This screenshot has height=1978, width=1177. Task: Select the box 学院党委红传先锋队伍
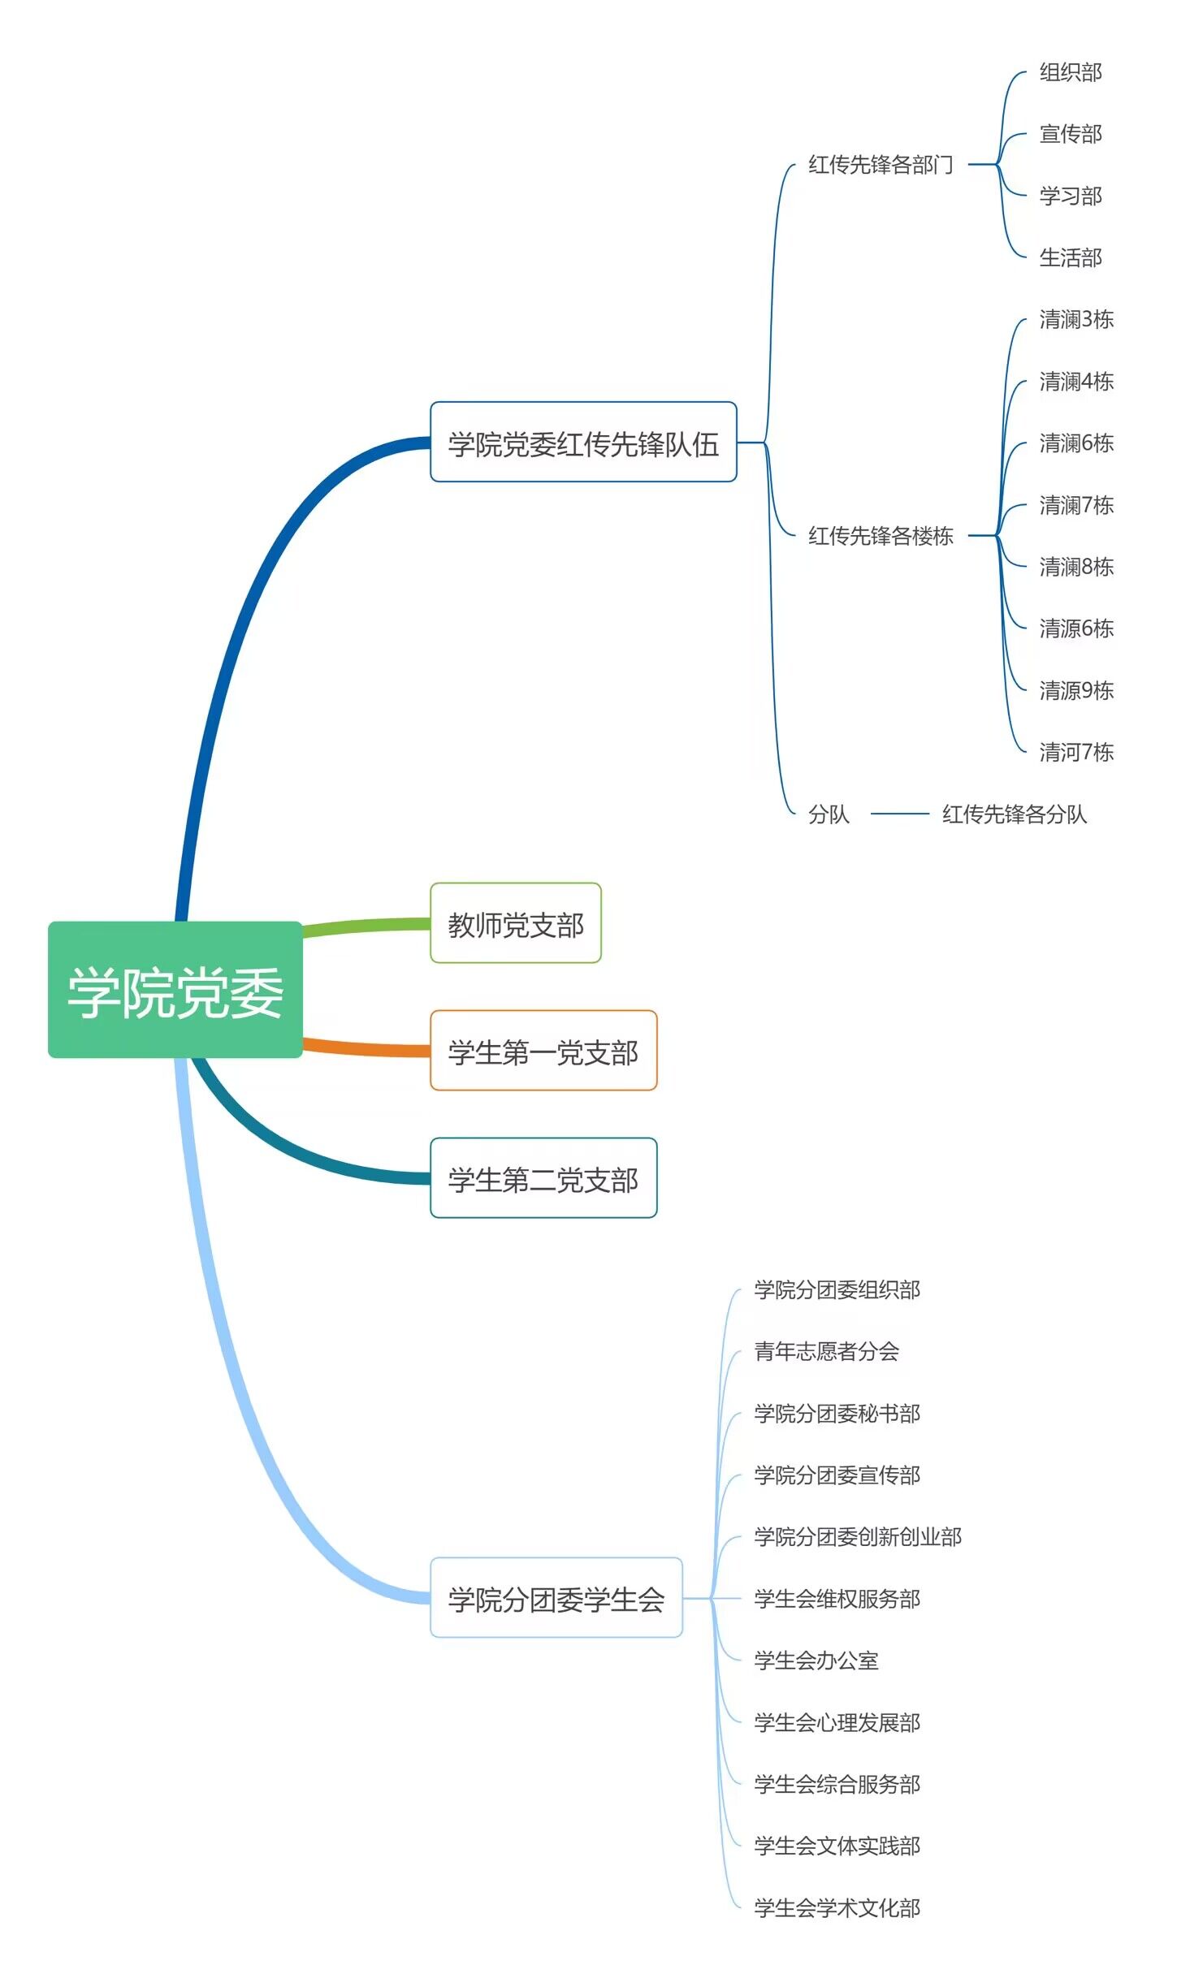coord(582,443)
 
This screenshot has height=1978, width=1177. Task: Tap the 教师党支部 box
coord(515,923)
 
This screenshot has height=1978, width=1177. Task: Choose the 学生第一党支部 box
coord(543,1051)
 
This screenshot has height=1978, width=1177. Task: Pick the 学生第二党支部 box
coord(543,1178)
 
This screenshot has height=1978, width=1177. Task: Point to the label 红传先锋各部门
coord(880,165)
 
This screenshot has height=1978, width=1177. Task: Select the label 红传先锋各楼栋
coord(880,535)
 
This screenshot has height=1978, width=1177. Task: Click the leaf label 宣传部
coord(1070,134)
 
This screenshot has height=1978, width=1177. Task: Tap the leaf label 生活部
coord(1070,257)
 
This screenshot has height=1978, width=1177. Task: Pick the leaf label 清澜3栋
coord(1075,319)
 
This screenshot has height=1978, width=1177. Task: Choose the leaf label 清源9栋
coord(1075,690)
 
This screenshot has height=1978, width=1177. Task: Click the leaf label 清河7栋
coord(1075,752)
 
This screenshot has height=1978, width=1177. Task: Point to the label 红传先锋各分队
coord(1014,814)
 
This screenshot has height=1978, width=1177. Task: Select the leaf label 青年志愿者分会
coord(826,1351)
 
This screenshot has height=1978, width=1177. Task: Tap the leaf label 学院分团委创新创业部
coord(857,1536)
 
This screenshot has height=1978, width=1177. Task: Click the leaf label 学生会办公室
coord(816,1661)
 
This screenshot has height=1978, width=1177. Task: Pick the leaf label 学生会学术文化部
coord(837,1907)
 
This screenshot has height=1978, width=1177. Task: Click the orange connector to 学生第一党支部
coord(366,1047)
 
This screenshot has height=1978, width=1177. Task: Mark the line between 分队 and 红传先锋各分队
coord(899,813)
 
